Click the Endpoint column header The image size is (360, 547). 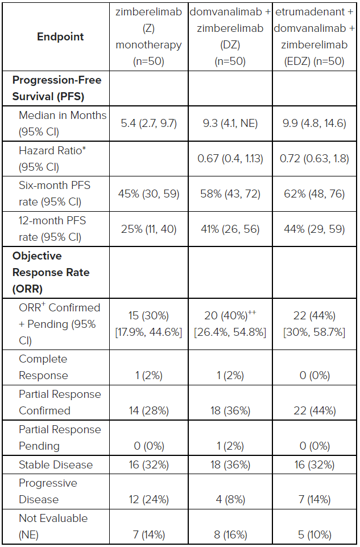click(x=60, y=36)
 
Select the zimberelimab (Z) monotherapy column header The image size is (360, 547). click(x=149, y=36)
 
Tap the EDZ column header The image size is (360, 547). click(x=315, y=36)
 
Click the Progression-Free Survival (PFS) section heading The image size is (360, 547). click(x=57, y=88)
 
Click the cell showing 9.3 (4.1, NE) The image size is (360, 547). click(x=230, y=124)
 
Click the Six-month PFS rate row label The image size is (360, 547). click(x=55, y=194)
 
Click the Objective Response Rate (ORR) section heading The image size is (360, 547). click(x=51, y=273)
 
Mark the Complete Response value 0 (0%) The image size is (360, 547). click(x=315, y=375)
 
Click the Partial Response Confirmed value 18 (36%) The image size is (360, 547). click(x=230, y=410)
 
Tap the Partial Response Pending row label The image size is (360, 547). click(x=60, y=438)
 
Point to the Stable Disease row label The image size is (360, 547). click(x=56, y=464)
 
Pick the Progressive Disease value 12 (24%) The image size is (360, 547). click(x=149, y=500)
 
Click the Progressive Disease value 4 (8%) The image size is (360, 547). click(x=230, y=500)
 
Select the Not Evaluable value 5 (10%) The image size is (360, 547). click(x=315, y=535)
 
